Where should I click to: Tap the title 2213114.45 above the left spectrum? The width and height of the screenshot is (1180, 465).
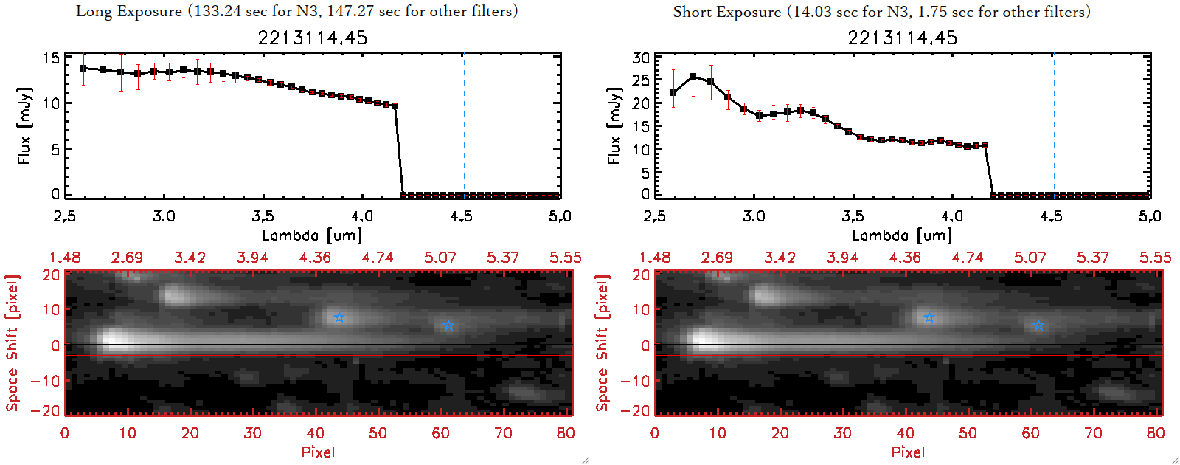[313, 38]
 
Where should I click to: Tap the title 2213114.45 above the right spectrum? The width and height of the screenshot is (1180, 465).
[903, 38]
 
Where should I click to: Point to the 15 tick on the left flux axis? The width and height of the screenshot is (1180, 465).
[51, 58]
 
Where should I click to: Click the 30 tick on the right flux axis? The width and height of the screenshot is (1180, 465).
[641, 58]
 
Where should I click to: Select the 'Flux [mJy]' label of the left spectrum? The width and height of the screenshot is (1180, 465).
[24, 125]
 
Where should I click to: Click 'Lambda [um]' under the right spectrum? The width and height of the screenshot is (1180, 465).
[902, 235]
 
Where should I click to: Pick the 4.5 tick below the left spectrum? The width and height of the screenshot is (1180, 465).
[461, 216]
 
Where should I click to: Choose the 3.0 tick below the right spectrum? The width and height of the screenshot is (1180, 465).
[754, 216]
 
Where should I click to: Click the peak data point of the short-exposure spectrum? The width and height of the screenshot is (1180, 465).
[693, 76]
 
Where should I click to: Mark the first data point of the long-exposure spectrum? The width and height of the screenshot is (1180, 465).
[83, 68]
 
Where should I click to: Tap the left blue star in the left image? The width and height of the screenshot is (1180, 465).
[339, 317]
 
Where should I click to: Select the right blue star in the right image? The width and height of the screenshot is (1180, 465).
[1038, 325]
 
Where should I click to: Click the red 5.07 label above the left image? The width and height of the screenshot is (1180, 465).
[440, 258]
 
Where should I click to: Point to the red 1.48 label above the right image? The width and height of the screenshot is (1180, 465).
[655, 258]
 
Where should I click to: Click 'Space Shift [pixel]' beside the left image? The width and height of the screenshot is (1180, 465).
[12, 343]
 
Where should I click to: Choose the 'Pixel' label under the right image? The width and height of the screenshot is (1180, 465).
[908, 452]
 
